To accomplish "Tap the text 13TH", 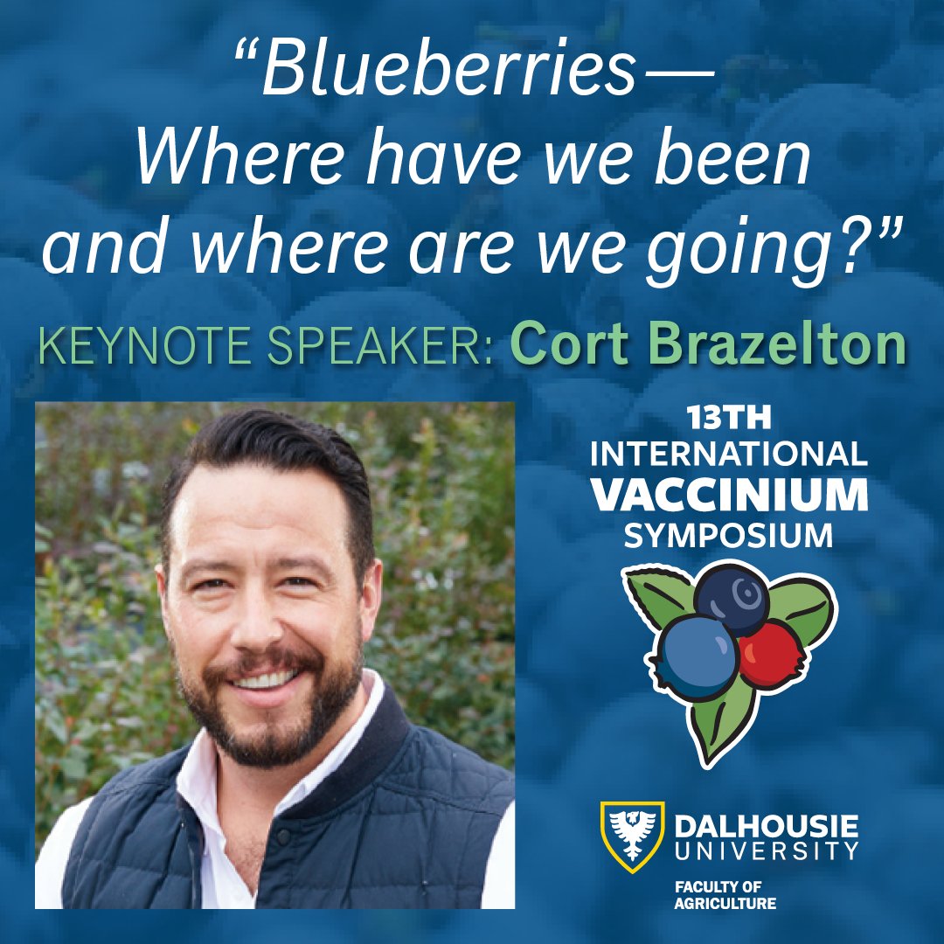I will pos(729,420).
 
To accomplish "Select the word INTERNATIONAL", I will pos(729,455).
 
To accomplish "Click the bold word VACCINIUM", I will pos(729,496).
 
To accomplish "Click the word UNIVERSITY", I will pos(767,850).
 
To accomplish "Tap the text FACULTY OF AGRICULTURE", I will pos(725,895).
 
